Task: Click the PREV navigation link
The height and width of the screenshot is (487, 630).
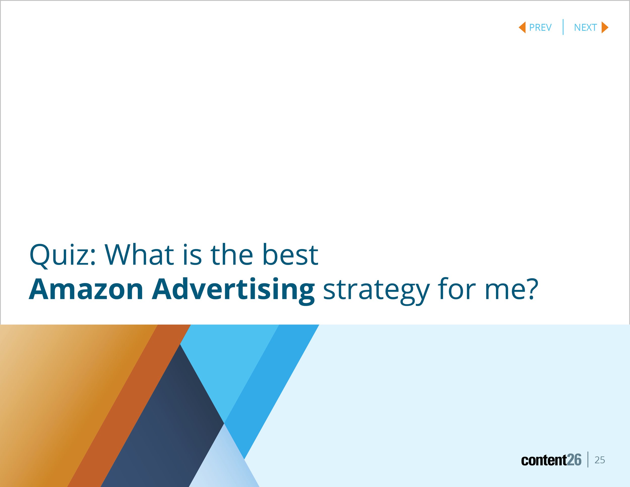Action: tap(540, 27)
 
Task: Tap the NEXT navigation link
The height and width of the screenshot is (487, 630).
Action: tap(585, 27)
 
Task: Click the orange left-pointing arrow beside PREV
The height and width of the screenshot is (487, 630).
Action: tap(522, 27)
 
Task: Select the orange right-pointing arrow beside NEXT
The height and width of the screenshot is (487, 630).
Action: tap(605, 27)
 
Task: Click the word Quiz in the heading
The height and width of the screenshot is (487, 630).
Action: tap(62, 255)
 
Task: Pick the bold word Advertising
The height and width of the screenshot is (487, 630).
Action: tap(233, 290)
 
